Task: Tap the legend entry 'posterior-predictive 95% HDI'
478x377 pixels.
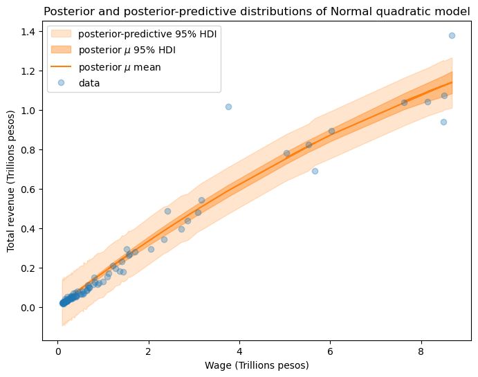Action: [x=149, y=35]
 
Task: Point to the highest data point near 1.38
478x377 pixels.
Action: [x=452, y=35]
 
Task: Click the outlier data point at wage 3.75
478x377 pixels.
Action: [x=228, y=107]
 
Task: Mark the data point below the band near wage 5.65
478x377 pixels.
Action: [x=315, y=171]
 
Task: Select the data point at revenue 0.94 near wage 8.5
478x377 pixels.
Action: [x=443, y=122]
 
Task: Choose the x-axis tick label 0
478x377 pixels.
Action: [x=57, y=351]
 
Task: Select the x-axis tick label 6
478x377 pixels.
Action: [x=330, y=351]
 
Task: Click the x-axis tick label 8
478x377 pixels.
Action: [x=421, y=351]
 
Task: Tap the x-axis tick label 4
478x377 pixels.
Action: [x=239, y=351]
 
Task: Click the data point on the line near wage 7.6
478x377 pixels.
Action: [x=404, y=102]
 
